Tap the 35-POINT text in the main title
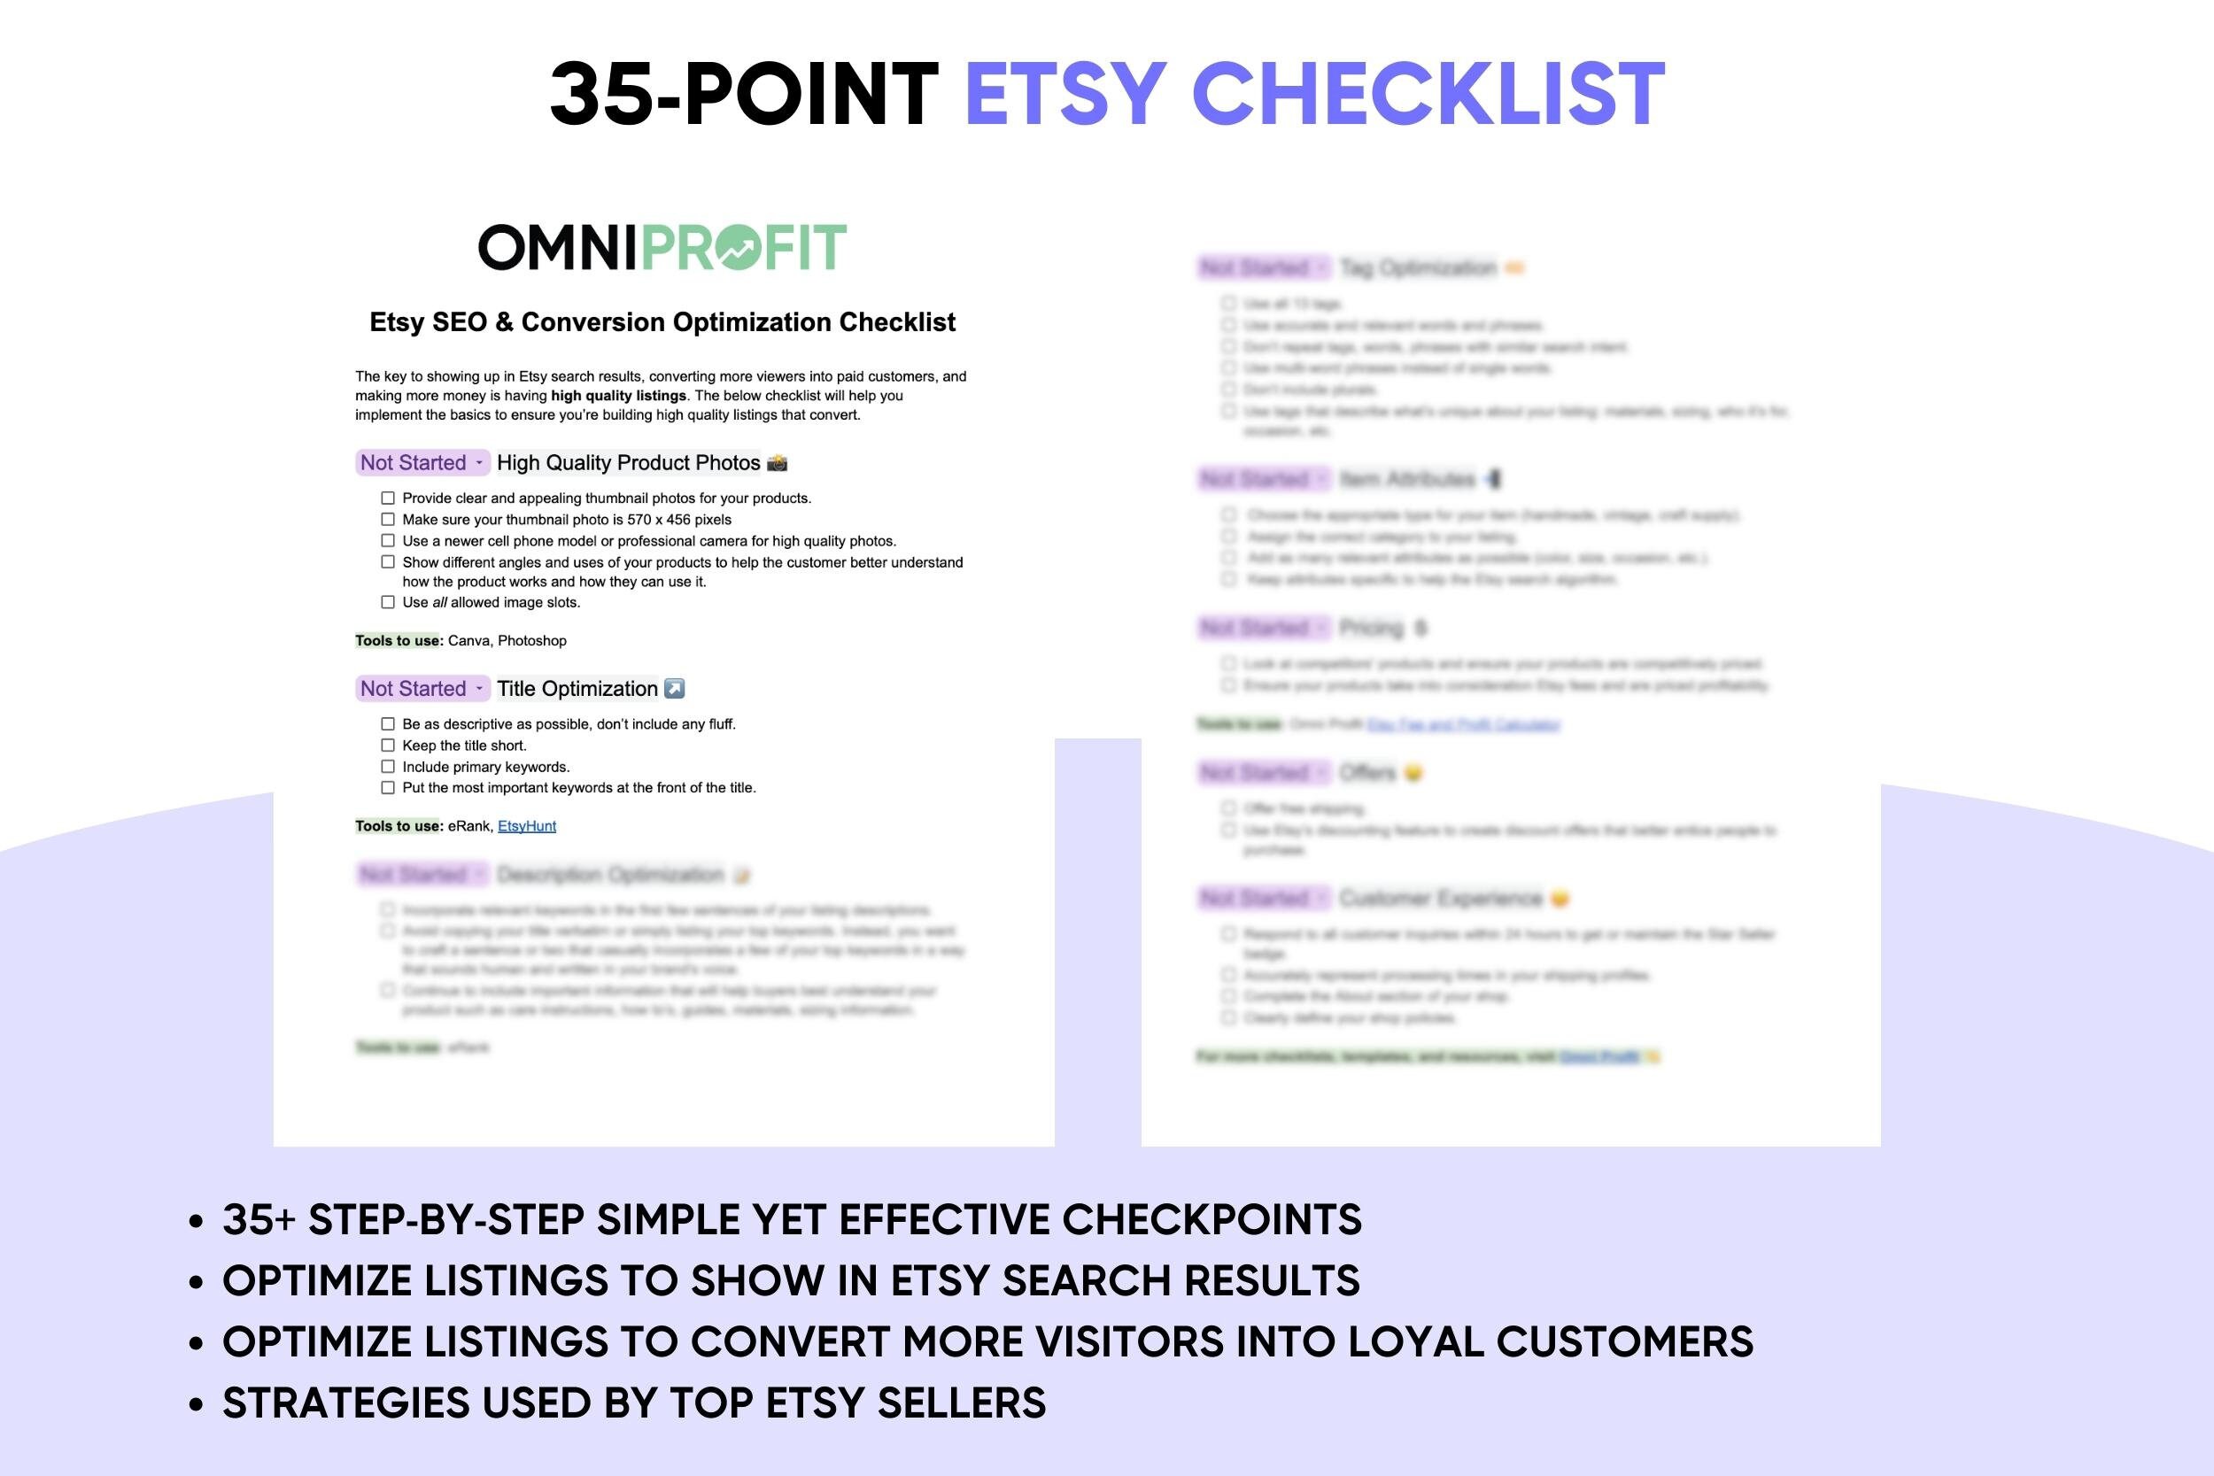tap(744, 93)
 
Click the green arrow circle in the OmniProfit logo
tap(736, 248)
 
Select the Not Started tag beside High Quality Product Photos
tap(422, 463)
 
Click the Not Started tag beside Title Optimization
tap(422, 689)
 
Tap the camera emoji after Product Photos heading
tap(778, 463)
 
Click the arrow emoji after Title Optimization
tap(674, 689)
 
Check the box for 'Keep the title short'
tap(388, 746)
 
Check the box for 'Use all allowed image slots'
tap(388, 602)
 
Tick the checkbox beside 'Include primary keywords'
tap(388, 767)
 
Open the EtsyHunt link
tap(526, 826)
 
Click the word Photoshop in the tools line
tap(532, 641)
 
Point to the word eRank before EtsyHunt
tap(468, 826)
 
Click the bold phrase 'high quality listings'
tap(618, 397)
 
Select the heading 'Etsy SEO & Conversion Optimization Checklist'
tap(662, 322)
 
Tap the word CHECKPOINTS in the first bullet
tap(1212, 1220)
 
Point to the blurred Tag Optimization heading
tap(1418, 268)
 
